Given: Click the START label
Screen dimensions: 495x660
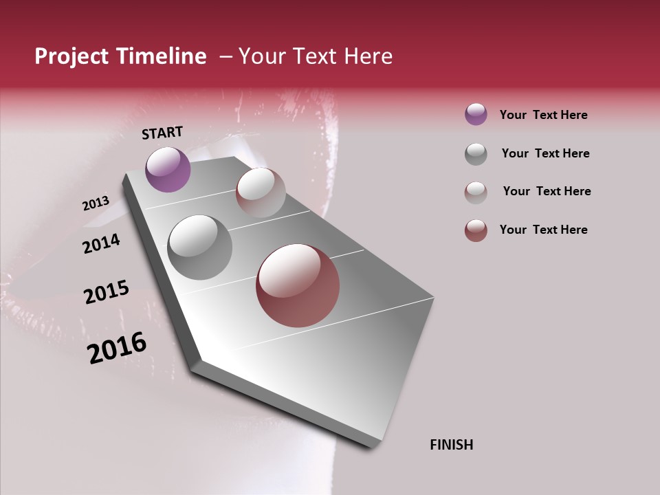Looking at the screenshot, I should (162, 133).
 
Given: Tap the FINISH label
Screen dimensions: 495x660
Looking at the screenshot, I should (451, 445).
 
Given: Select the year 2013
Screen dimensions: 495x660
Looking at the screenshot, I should (96, 203).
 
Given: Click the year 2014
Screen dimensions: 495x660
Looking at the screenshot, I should (101, 243).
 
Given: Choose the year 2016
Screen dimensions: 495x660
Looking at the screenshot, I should (117, 348).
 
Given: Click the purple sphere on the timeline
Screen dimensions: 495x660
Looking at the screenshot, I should (168, 169).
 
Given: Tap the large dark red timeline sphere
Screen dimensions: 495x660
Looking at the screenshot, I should (298, 285).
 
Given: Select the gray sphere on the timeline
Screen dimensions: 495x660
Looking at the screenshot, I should (199, 247).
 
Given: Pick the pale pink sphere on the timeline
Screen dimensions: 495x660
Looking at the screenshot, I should (261, 192).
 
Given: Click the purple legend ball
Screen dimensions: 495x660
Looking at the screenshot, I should (476, 114).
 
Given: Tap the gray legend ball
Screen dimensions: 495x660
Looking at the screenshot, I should (476, 154).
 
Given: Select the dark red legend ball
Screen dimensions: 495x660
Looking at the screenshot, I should (476, 230).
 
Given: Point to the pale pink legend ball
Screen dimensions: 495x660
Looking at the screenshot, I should (476, 192).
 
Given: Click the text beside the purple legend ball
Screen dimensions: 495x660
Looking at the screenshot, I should (543, 115).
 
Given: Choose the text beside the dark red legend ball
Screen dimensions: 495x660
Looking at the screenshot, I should (543, 230).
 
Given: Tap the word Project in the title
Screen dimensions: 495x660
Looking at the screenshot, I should (72, 56).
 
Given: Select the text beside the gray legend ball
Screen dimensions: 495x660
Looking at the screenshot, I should (545, 153).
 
